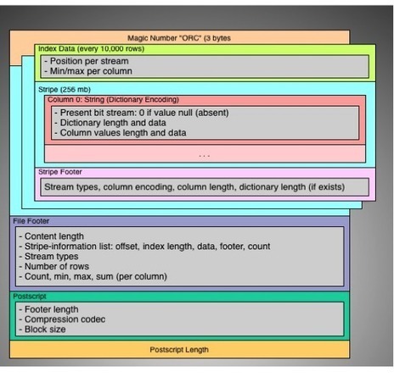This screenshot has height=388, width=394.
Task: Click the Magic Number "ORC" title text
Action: (x=179, y=38)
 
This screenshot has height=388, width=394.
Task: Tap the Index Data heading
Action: (x=91, y=49)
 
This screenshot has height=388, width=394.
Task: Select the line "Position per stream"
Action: (x=87, y=61)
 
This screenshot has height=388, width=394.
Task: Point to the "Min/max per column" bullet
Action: (x=88, y=71)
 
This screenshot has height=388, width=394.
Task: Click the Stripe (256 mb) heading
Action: (x=65, y=90)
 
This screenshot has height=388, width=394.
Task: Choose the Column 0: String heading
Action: (x=113, y=100)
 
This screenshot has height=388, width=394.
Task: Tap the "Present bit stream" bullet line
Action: (x=142, y=113)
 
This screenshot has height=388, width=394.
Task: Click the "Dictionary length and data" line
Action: (x=110, y=123)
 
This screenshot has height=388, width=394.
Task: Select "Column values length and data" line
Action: (x=121, y=133)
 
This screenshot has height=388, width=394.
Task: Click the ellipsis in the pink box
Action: (x=204, y=156)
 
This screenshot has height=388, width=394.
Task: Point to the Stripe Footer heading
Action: (x=60, y=172)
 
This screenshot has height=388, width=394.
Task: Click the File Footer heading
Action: (x=31, y=221)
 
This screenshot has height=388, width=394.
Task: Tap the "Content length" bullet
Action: (x=52, y=236)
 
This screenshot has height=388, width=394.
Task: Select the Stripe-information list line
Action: (x=144, y=247)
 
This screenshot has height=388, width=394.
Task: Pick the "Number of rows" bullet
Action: (x=53, y=266)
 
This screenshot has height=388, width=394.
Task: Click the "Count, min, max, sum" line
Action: (x=93, y=276)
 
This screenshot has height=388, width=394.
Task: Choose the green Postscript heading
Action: (x=30, y=297)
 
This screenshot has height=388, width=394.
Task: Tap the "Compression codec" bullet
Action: (x=62, y=319)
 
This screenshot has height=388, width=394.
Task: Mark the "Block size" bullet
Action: (x=42, y=330)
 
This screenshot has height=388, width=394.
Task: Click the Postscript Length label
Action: (x=179, y=350)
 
